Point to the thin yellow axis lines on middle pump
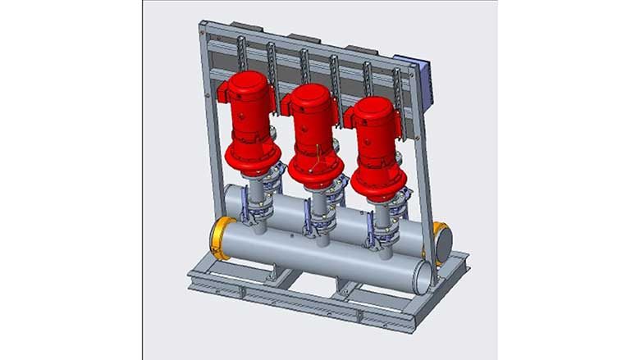click(x=313, y=160)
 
